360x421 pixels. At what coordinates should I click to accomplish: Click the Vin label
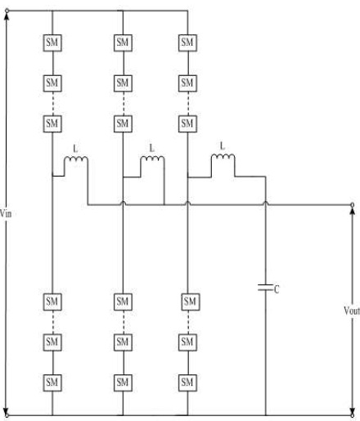pyautogui.click(x=6, y=213)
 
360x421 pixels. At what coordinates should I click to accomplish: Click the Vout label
pyautogui.click(x=352, y=311)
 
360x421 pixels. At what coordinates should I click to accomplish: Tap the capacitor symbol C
pyautogui.click(x=265, y=288)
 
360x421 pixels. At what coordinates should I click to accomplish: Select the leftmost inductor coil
pyautogui.click(x=76, y=159)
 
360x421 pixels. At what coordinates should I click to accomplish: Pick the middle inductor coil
pyautogui.click(x=152, y=159)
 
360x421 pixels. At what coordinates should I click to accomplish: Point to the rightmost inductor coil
pyautogui.click(x=223, y=157)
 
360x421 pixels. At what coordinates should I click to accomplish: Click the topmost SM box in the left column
pyautogui.click(x=52, y=43)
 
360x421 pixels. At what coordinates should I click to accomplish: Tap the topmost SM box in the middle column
pyautogui.click(x=123, y=43)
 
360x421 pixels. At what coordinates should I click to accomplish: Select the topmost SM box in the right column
pyautogui.click(x=187, y=43)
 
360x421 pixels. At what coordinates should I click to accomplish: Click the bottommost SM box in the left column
pyautogui.click(x=52, y=383)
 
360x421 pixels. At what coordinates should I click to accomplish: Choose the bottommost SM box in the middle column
pyautogui.click(x=123, y=383)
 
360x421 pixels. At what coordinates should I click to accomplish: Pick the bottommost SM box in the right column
pyautogui.click(x=187, y=383)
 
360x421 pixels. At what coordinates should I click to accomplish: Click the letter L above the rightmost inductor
pyautogui.click(x=223, y=146)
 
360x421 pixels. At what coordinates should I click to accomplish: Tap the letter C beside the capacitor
pyautogui.click(x=277, y=289)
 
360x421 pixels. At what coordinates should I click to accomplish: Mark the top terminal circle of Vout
pyautogui.click(x=353, y=204)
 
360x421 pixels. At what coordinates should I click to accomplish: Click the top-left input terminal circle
pyautogui.click(x=7, y=11)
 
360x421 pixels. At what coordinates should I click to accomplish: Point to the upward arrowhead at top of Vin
pyautogui.click(x=7, y=16)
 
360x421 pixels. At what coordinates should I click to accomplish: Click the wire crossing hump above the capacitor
pyautogui.click(x=265, y=203)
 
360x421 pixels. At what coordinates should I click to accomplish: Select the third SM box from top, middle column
pyautogui.click(x=123, y=123)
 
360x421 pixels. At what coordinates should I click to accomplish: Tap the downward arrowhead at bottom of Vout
pyautogui.click(x=353, y=410)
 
